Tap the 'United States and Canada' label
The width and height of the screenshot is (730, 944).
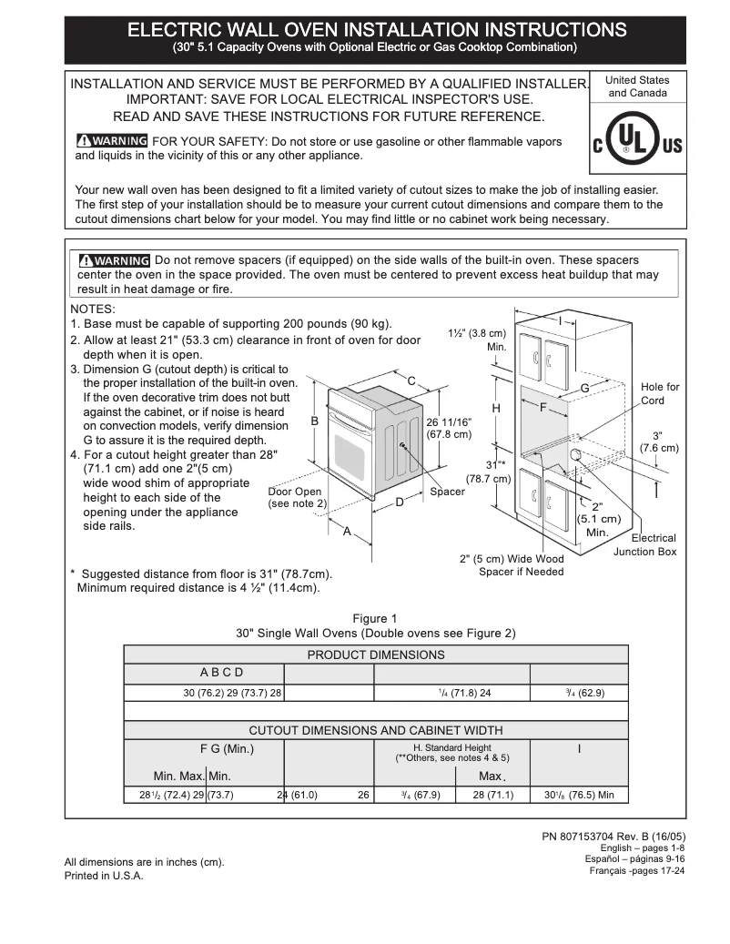[637, 86]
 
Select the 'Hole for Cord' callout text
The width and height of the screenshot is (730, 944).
[659, 393]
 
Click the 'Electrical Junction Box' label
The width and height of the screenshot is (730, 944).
[644, 544]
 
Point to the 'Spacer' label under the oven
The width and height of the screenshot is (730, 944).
[447, 492]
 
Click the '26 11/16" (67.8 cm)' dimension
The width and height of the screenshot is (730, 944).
[449, 428]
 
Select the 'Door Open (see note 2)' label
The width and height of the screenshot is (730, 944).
[297, 497]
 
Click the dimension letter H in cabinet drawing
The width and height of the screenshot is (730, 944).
[496, 409]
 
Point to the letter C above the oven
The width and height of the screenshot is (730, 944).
[411, 381]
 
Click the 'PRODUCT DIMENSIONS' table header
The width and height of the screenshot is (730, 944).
[376, 655]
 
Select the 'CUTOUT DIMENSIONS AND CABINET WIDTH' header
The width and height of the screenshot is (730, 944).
[376, 730]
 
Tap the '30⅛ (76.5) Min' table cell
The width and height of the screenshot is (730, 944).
[579, 795]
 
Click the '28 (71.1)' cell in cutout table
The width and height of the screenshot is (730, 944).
[493, 795]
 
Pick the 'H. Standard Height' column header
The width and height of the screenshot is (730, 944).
[452, 752]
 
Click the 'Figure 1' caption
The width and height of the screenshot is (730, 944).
[375, 619]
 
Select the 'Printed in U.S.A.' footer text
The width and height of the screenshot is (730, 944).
[104, 876]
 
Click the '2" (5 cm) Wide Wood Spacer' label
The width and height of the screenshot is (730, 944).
[512, 565]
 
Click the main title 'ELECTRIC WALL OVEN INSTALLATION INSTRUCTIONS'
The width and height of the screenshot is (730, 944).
[376, 30]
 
